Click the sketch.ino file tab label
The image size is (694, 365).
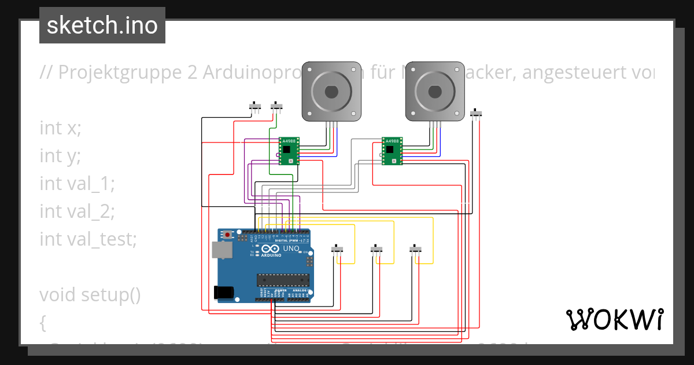[102, 25]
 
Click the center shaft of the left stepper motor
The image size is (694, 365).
[331, 92]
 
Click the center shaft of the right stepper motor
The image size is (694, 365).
[434, 92]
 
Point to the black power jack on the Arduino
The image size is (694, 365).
[224, 293]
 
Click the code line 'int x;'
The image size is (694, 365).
[60, 127]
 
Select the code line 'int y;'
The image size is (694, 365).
[60, 155]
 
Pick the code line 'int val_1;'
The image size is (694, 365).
[77, 183]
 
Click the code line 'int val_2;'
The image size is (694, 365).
[77, 211]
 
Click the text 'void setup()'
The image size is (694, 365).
[90, 294]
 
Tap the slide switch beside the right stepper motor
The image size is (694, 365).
[477, 113]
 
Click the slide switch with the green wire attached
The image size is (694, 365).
[277, 107]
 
